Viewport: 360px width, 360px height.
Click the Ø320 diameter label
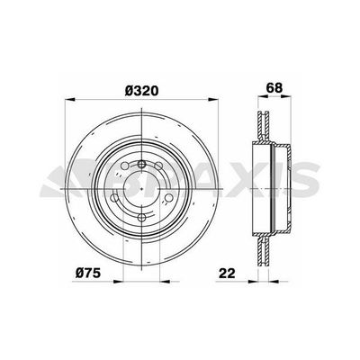click(x=143, y=92)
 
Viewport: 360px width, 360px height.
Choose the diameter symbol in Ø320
click(x=126, y=92)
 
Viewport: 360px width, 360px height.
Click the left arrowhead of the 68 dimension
click(x=258, y=102)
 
